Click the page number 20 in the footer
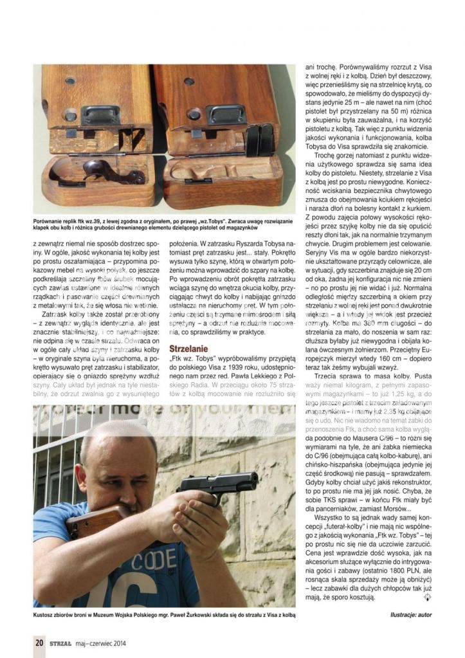(x=39, y=641)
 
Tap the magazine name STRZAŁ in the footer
(x=59, y=641)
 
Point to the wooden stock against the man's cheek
(x=96, y=520)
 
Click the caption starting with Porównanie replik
(x=164, y=223)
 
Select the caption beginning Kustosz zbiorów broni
(x=164, y=616)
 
